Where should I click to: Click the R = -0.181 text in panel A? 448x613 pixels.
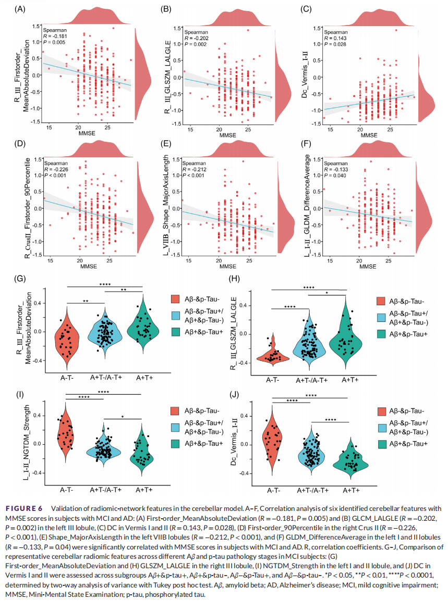point(56,36)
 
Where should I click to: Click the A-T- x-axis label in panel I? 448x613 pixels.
point(66,490)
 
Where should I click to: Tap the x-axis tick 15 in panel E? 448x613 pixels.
point(188,260)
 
